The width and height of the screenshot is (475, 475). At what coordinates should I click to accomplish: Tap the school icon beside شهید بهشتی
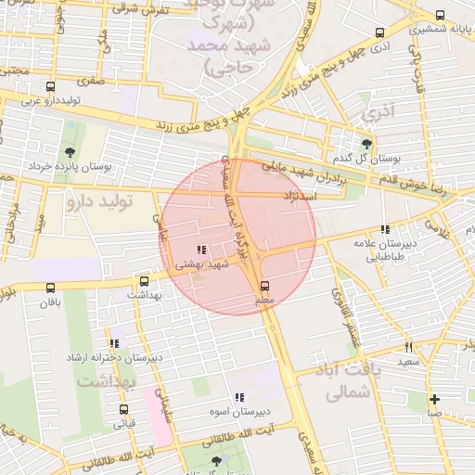click(x=202, y=249)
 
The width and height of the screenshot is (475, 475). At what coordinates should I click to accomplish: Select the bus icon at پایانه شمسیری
click(x=440, y=15)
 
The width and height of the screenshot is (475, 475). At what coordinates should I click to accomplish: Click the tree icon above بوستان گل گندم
click(x=367, y=143)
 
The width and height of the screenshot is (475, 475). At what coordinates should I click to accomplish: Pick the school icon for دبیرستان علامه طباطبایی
click(x=385, y=229)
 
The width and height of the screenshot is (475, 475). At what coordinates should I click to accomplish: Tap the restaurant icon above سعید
click(x=407, y=346)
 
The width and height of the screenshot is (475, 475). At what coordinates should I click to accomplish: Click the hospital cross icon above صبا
click(x=434, y=399)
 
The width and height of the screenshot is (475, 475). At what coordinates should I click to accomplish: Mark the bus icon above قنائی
click(x=123, y=409)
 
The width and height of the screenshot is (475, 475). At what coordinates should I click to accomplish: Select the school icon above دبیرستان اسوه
click(x=239, y=396)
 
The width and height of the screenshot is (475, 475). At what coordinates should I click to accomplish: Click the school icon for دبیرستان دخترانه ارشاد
click(x=114, y=343)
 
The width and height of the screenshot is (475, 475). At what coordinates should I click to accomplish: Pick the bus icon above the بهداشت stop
click(x=144, y=280)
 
